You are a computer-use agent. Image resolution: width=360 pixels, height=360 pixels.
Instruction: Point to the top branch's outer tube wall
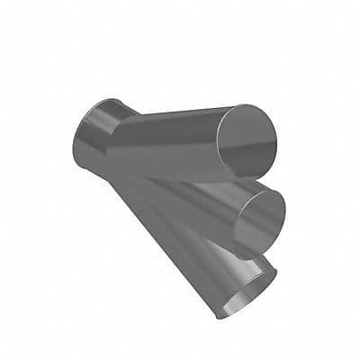coord(166,144)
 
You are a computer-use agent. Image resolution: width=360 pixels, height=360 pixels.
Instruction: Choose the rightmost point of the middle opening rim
coord(286,211)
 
